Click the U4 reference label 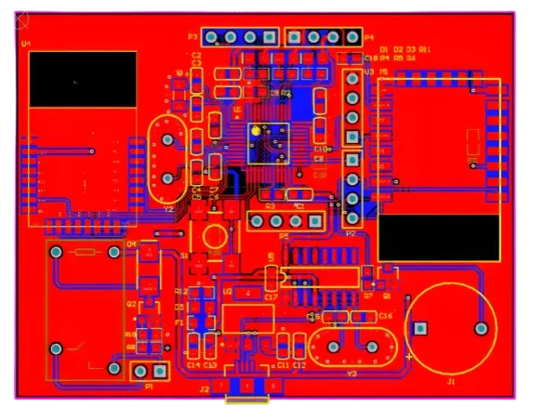point(25,44)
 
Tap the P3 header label point(193,37)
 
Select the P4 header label point(369,38)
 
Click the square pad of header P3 point(269,37)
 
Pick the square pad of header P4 point(352,37)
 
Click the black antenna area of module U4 point(83,79)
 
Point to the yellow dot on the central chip point(254,131)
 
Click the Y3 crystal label point(352,374)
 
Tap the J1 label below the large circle point(451,381)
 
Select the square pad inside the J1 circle point(420,328)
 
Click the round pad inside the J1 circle point(481,328)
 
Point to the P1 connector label point(149,386)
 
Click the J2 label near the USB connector point(204,389)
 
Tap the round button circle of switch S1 point(213,235)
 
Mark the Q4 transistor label point(131,244)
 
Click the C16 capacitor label point(385,316)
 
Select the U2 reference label point(227,291)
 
